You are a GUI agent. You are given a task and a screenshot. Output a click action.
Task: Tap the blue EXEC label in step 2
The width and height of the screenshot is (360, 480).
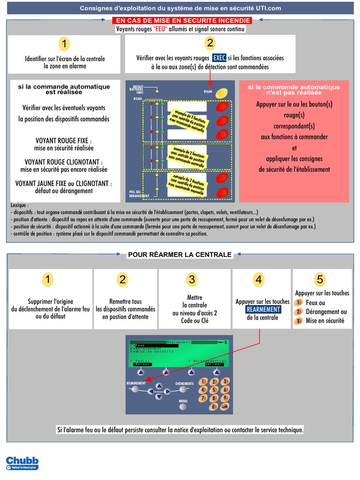pyautogui.click(x=219, y=58)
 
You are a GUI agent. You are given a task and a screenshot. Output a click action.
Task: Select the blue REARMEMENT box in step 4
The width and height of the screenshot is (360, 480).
pyautogui.click(x=263, y=309)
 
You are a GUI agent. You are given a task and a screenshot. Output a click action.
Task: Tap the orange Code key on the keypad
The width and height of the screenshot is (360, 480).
pyautogui.click(x=225, y=407)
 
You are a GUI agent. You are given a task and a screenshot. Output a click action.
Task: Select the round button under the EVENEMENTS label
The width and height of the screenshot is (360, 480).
pyautogui.click(x=184, y=390)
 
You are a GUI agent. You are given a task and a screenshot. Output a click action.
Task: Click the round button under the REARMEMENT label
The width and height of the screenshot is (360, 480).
pyautogui.click(x=135, y=389)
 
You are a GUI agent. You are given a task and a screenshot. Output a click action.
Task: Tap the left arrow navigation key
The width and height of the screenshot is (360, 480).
pyautogui.click(x=150, y=390)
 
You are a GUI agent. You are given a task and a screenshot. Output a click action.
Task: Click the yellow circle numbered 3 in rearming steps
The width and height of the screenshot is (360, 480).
pyautogui.click(x=191, y=280)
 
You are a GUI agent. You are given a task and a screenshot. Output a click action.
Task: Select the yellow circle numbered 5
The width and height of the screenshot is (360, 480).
pyautogui.click(x=320, y=280)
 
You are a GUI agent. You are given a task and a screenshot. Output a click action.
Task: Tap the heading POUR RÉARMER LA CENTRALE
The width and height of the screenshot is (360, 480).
pyautogui.click(x=180, y=255)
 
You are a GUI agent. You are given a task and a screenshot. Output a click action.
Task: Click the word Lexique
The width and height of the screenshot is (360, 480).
pyautogui.click(x=19, y=205)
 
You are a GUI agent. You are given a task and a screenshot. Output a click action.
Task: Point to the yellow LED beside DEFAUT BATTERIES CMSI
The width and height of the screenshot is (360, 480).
pyautogui.click(x=157, y=91)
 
